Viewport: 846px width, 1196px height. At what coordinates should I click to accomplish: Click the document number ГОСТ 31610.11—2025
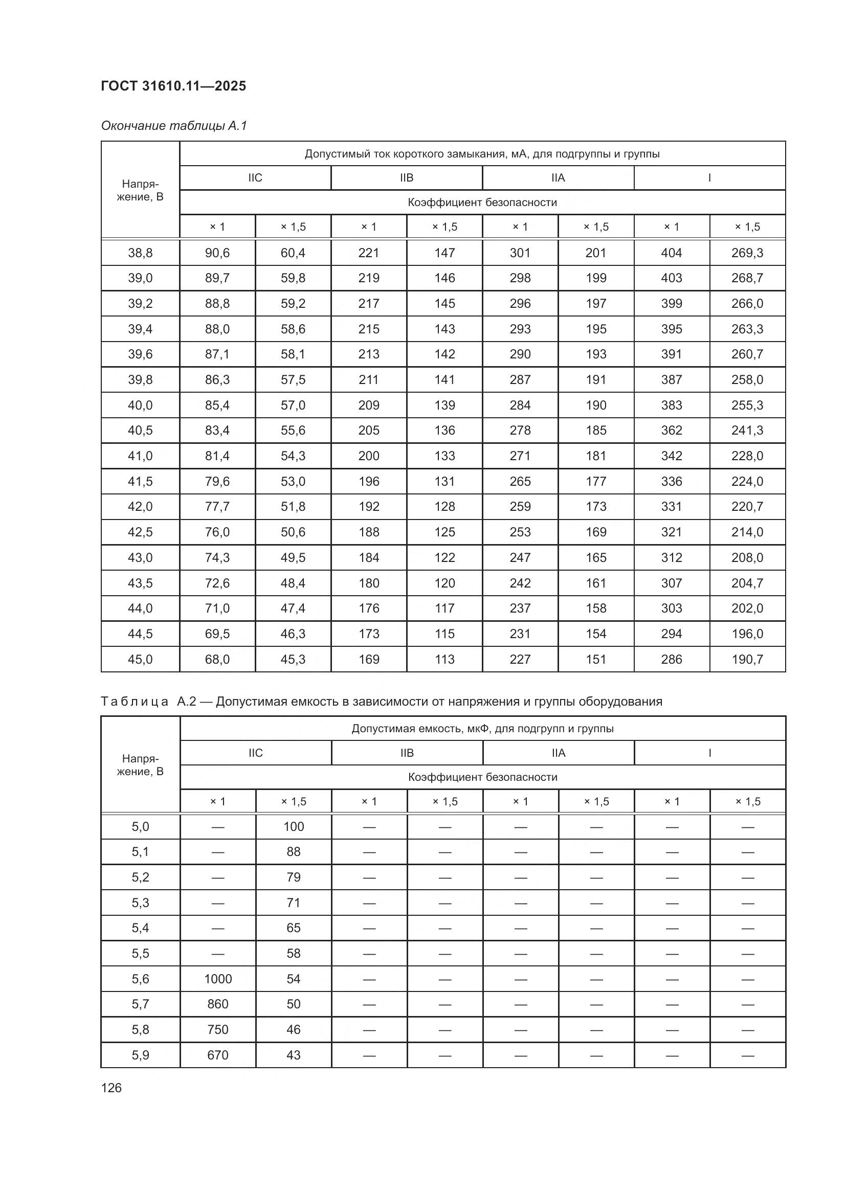(x=173, y=86)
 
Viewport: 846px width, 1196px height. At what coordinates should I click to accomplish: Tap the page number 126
(x=111, y=1088)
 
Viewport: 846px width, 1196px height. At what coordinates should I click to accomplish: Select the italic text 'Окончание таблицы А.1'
(x=173, y=126)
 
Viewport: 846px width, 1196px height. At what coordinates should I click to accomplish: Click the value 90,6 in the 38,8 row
(x=217, y=253)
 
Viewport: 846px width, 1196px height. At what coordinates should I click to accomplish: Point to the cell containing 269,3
(x=747, y=253)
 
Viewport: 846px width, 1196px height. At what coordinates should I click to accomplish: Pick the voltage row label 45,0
(x=140, y=660)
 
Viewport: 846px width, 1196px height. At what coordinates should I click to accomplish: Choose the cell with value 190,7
(x=747, y=660)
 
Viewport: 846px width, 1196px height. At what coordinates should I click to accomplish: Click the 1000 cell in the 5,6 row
(x=218, y=979)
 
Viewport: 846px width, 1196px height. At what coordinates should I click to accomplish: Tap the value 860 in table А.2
(x=218, y=1004)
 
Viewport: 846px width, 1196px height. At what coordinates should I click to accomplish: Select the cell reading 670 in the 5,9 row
(x=218, y=1055)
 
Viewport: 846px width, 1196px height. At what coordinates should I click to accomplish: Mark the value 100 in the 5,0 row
(x=293, y=827)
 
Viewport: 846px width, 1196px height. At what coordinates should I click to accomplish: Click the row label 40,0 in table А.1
(x=140, y=405)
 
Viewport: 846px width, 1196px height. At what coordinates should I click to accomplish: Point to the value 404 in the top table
(x=672, y=253)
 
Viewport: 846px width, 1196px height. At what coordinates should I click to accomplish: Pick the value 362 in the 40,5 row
(x=672, y=430)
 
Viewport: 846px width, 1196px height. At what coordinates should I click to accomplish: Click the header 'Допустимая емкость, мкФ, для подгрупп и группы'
(x=482, y=728)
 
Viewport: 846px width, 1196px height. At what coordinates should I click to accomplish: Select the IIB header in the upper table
(x=406, y=178)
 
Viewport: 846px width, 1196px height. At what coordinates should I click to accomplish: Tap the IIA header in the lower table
(x=559, y=753)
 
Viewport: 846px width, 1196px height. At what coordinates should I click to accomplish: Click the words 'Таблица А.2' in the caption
(x=148, y=702)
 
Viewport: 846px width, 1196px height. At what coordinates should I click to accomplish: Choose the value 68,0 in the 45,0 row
(x=217, y=660)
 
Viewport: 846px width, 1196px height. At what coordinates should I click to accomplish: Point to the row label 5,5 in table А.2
(x=140, y=953)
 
